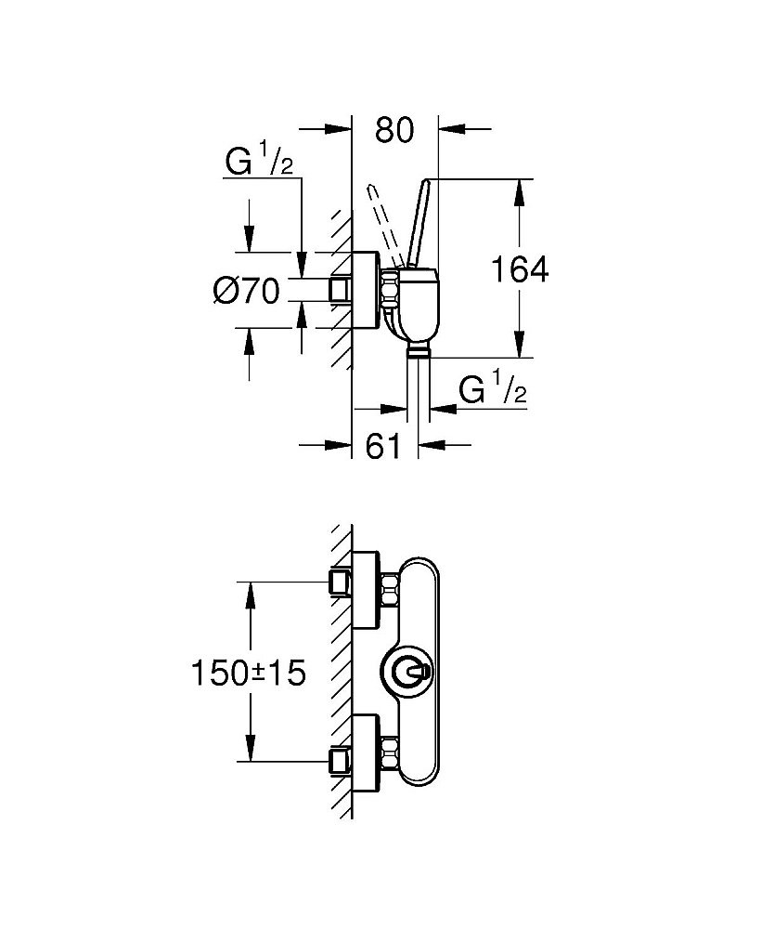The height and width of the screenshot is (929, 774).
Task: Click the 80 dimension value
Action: coord(394,130)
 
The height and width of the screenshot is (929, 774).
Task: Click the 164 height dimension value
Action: coord(520,270)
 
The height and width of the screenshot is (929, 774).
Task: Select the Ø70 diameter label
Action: coord(246,291)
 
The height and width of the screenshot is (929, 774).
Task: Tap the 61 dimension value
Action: coord(383,446)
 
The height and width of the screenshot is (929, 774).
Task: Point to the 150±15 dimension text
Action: coord(249,673)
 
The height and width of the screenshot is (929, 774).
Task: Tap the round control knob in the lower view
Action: coord(408,672)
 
